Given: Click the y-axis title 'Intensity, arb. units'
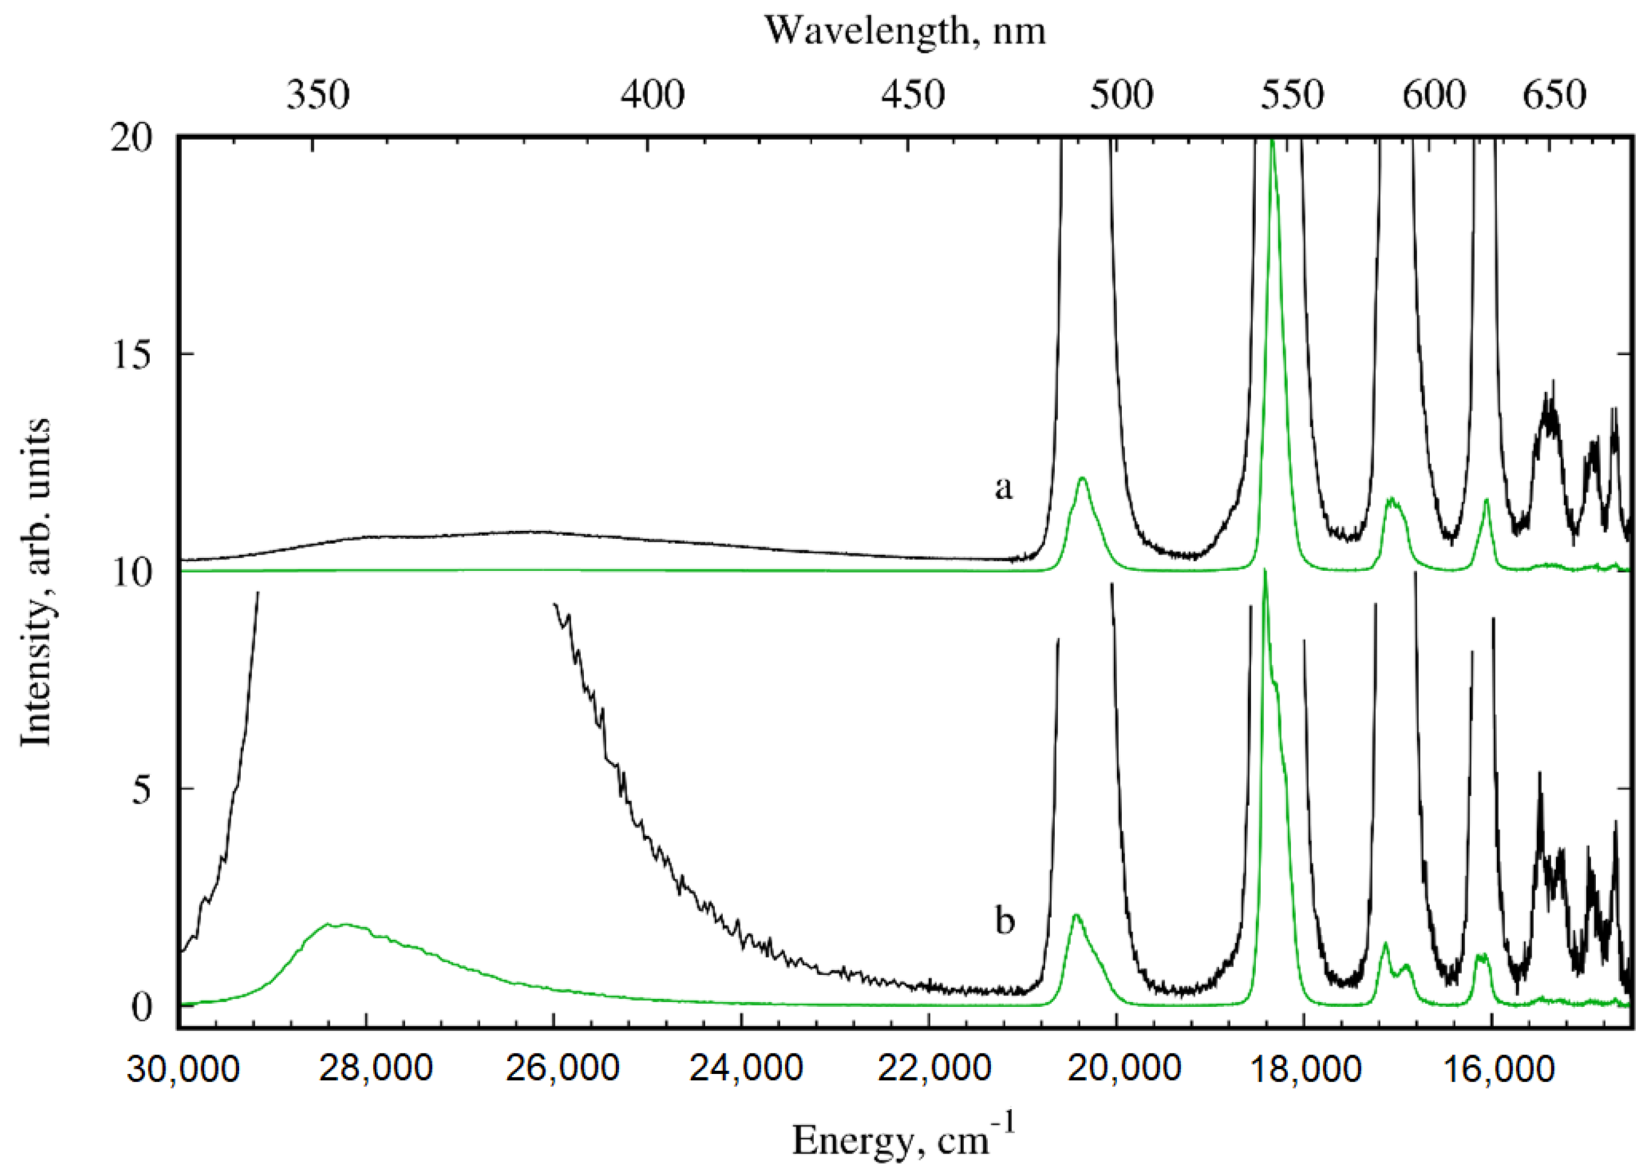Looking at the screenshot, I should click(x=36, y=582).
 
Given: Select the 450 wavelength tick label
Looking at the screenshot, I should click(x=913, y=95).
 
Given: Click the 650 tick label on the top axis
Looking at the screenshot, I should click(x=1554, y=95).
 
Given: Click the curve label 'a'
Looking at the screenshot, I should click(x=1004, y=488).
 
